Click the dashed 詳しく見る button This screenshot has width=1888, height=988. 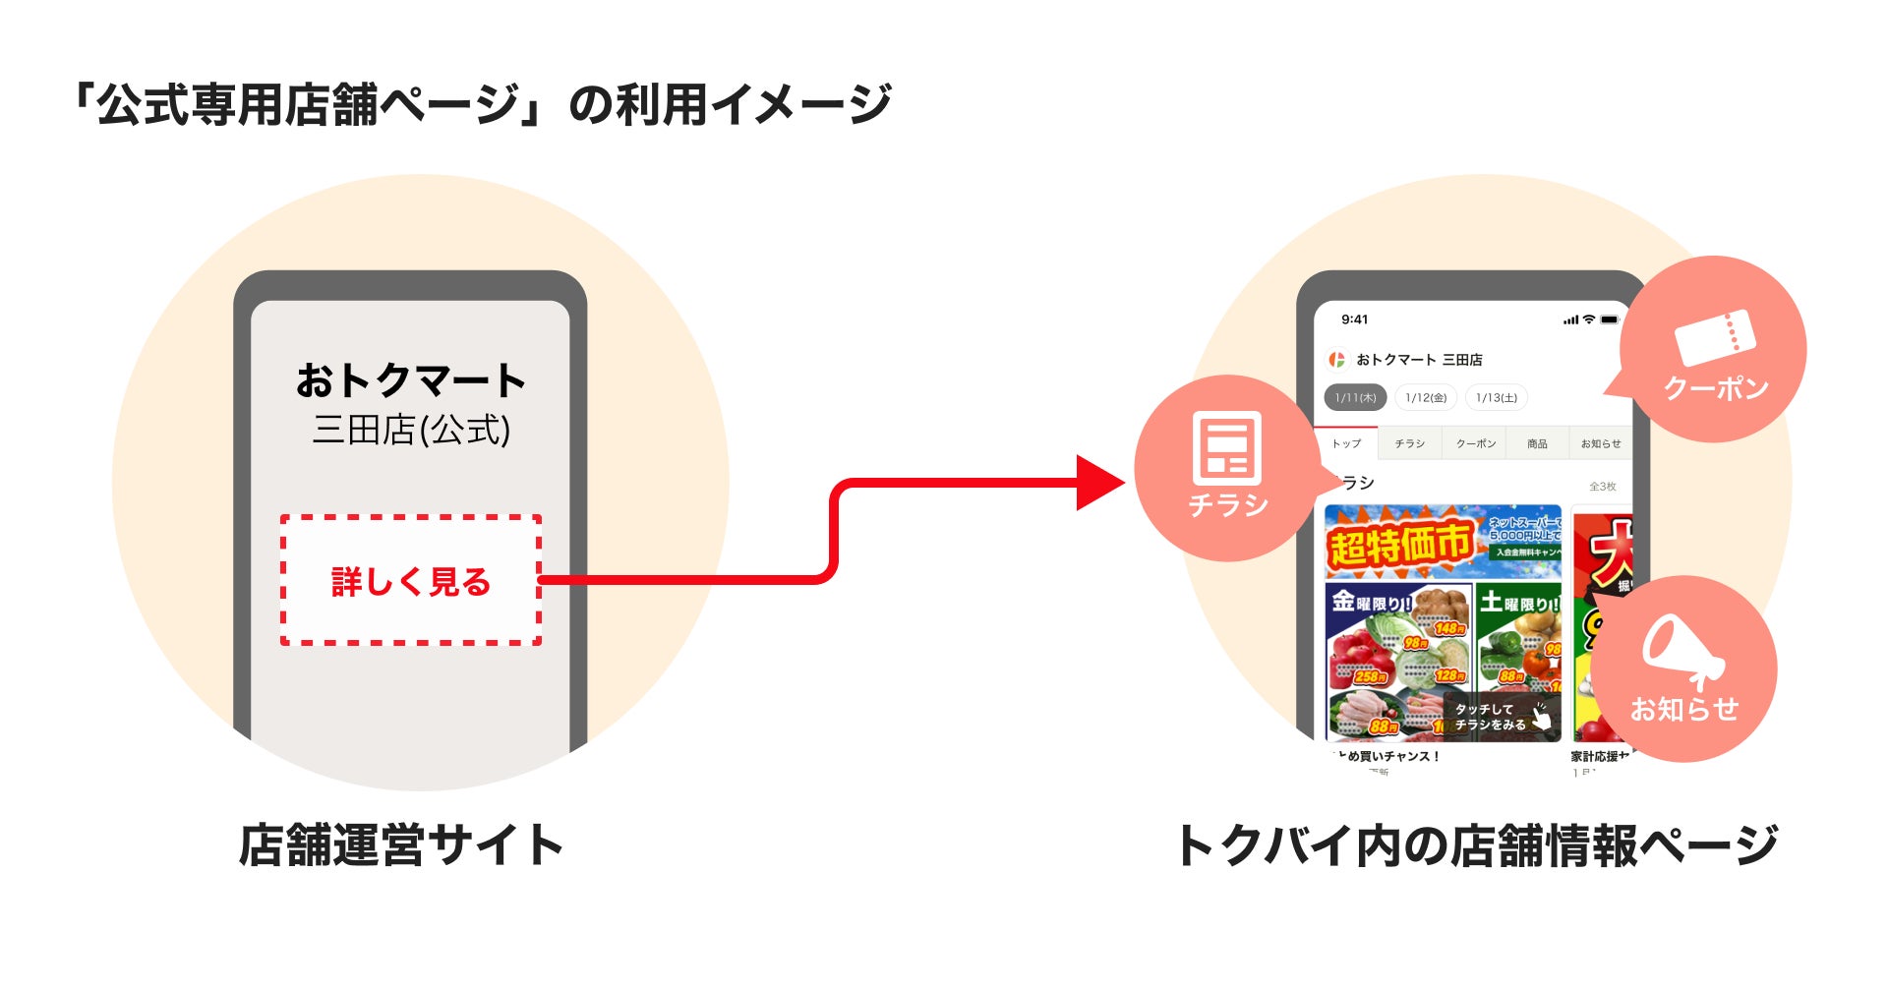tap(410, 580)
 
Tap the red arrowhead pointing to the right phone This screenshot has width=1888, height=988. tap(1098, 483)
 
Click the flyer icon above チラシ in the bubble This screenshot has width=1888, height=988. tap(1226, 447)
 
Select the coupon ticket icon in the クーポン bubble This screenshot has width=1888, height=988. tap(1714, 337)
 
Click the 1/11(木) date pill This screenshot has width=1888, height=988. tap(1355, 397)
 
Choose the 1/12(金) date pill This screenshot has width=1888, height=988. tap(1426, 397)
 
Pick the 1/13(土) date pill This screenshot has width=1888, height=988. tap(1496, 397)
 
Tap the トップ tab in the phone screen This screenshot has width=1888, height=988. tap(1346, 444)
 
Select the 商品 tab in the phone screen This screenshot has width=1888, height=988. tap(1537, 444)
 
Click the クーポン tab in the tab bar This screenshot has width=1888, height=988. tap(1475, 444)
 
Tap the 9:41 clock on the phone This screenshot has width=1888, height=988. tap(1354, 320)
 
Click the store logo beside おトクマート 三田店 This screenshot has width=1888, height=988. tap(1336, 360)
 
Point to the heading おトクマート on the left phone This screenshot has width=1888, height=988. tap(410, 380)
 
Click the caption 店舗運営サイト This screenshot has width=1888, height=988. tap(400, 845)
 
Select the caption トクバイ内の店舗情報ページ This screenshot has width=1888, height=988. tap(1476, 845)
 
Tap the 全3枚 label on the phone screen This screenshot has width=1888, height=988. tap(1602, 487)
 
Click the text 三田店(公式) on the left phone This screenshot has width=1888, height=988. tap(411, 430)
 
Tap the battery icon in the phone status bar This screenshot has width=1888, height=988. tap(1609, 320)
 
